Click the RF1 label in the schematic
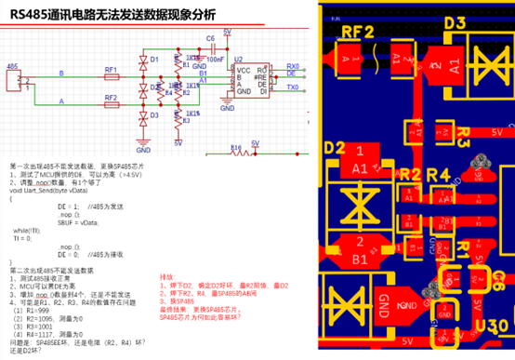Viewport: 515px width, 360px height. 111,69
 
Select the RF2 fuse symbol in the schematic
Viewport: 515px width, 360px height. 111,100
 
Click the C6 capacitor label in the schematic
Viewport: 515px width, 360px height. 211,38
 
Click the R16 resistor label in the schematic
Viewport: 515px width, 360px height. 234,147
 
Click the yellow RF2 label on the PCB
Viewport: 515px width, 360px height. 357,32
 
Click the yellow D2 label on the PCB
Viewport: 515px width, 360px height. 335,148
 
